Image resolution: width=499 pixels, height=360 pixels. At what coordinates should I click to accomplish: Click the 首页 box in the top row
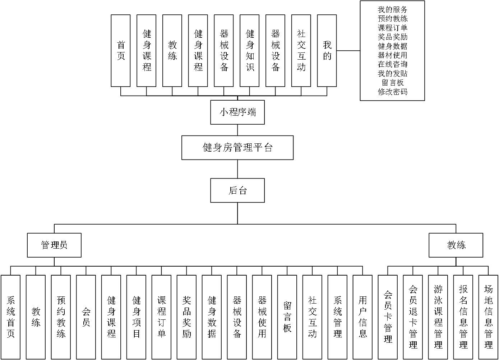click(121, 51)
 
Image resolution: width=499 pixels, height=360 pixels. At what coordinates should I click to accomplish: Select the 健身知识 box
click(250, 51)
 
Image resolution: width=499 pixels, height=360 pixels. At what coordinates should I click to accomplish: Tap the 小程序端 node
click(237, 112)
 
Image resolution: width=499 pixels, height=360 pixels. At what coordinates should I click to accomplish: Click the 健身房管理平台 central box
click(237, 148)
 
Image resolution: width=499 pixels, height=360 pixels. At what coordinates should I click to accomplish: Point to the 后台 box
click(237, 190)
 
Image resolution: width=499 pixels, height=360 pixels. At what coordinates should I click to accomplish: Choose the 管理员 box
click(54, 245)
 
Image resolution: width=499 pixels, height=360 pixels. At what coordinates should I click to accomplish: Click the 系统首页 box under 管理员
click(10, 317)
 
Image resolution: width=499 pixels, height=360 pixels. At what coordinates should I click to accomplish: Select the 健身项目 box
click(136, 317)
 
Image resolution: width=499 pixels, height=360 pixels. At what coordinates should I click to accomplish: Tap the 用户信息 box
click(362, 317)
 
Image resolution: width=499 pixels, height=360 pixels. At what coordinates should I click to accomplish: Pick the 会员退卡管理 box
click(413, 317)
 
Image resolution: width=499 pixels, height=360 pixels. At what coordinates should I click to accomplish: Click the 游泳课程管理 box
click(438, 317)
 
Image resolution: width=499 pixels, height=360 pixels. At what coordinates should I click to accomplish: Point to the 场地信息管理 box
click(488, 317)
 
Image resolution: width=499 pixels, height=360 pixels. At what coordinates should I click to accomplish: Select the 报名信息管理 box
click(463, 317)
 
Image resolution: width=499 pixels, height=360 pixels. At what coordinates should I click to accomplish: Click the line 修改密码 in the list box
click(392, 92)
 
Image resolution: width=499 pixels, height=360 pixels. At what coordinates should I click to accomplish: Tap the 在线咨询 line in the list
click(392, 64)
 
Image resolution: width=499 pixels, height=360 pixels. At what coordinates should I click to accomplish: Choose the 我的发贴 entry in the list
click(392, 73)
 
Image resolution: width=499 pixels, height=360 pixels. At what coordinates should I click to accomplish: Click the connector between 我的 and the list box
click(348, 51)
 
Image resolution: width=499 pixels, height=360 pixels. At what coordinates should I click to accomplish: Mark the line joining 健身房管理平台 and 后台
click(237, 169)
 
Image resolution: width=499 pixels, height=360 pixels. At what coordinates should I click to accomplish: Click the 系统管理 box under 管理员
click(337, 317)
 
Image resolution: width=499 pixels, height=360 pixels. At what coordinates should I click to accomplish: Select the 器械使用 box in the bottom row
click(262, 317)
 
